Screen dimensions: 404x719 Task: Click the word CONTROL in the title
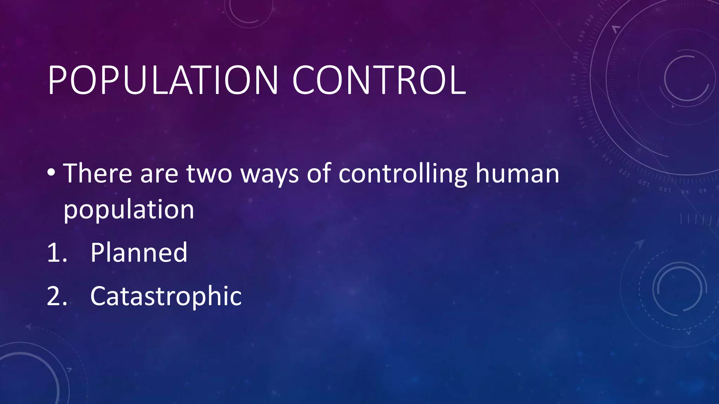[379, 81]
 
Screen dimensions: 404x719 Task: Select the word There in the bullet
[97, 173]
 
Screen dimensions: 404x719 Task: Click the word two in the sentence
[209, 173]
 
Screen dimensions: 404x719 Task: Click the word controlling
[402, 174]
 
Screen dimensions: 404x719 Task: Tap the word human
[517, 173]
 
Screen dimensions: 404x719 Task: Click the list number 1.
[56, 252]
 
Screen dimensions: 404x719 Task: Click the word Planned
[139, 252]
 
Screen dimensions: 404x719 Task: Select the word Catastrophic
[166, 297]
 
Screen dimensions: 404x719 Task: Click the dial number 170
[573, 80]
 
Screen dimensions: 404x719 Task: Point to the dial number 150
[581, 123]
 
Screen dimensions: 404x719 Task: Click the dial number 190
[582, 36]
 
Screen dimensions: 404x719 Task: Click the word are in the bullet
[159, 174]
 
